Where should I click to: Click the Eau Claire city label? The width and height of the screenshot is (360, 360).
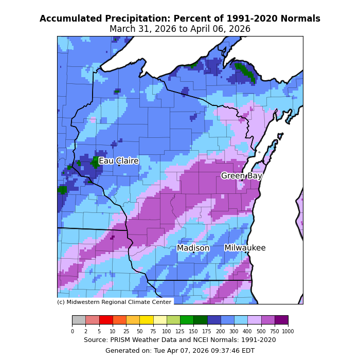coord(118,161)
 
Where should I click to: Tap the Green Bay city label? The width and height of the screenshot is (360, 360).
coord(242,176)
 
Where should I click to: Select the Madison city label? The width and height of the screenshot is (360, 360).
coord(193,248)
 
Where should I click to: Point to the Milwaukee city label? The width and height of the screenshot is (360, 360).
coord(245,248)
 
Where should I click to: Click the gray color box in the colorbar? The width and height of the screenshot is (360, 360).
coord(79,320)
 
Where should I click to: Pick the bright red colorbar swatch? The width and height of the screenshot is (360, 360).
coord(106,320)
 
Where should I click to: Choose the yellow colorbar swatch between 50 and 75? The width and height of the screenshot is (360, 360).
coord(146,320)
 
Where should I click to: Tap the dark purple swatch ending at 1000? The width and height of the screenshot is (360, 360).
coord(281,320)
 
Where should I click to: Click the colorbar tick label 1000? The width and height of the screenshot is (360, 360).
coord(288,331)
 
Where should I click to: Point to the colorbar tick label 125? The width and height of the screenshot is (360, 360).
coord(180,331)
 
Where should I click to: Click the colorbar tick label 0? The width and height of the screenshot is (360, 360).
coord(72,331)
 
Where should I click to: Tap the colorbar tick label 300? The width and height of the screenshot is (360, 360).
coord(234,331)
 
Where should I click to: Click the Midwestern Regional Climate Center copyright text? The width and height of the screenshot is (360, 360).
coord(114,302)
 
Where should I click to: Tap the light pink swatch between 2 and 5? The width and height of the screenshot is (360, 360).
coord(92,320)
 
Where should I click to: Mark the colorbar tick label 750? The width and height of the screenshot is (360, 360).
coord(275,331)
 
